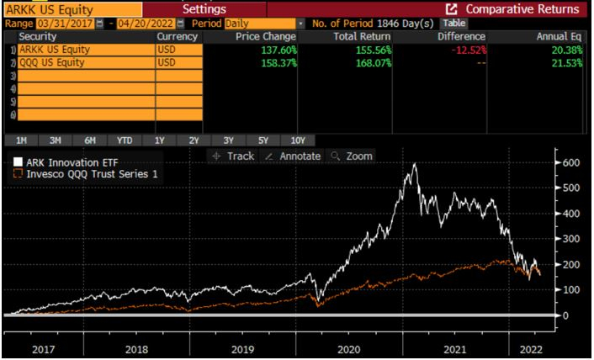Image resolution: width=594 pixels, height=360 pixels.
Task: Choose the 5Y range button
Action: click(x=263, y=140)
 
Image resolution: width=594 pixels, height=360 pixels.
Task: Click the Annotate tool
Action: click(x=293, y=156)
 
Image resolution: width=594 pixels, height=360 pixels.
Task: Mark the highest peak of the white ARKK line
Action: click(x=414, y=164)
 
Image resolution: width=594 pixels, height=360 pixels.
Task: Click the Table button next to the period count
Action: click(x=454, y=23)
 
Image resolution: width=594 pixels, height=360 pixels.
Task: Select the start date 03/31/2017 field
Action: click(x=61, y=23)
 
